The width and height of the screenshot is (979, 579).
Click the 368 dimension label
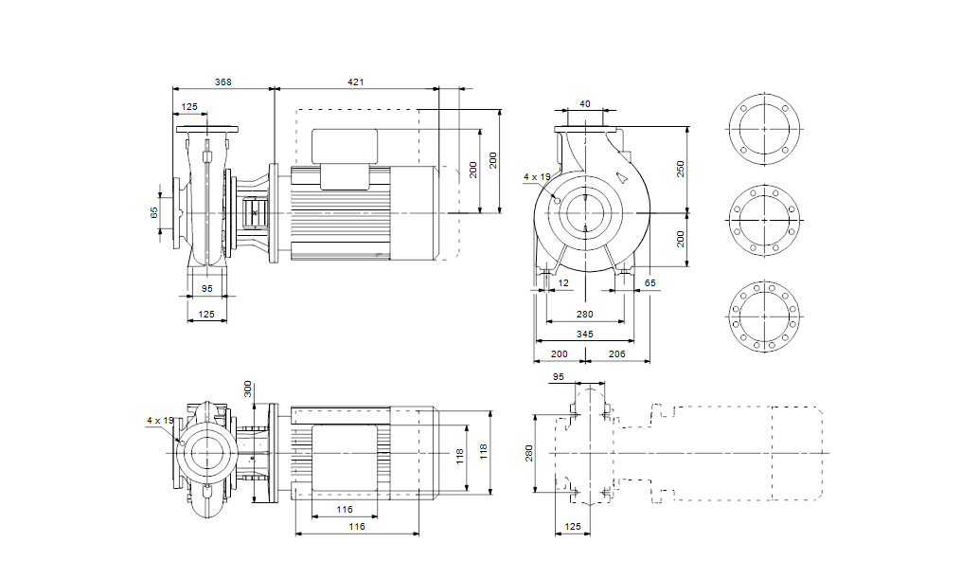[222, 82]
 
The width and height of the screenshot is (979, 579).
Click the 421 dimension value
[355, 82]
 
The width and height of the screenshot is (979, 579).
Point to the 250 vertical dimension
[680, 168]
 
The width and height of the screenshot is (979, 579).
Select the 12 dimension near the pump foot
[564, 282]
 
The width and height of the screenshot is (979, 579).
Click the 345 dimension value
[584, 335]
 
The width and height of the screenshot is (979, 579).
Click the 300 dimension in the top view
[248, 389]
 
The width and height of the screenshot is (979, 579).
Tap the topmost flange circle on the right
[764, 126]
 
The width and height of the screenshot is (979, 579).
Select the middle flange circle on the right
[764, 219]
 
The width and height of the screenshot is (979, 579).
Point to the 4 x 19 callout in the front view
[537, 176]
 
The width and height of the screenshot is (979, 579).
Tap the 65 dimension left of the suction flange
[155, 212]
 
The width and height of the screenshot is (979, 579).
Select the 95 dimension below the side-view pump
[207, 288]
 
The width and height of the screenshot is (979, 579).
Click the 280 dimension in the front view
[584, 314]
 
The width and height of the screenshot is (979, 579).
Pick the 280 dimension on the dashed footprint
[530, 454]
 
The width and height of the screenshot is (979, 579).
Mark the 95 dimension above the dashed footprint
[558, 376]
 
